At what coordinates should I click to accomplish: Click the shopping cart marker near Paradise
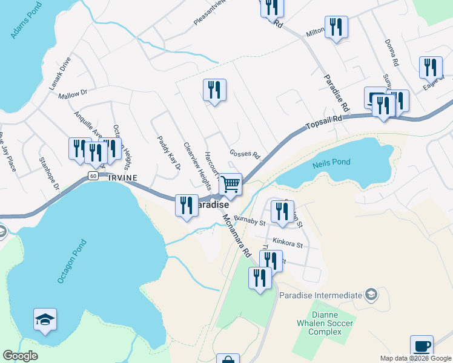coord(231,184)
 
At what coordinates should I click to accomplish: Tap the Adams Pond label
coord(22,22)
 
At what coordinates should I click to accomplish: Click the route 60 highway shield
coord(92,176)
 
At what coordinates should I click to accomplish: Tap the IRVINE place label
coord(122,177)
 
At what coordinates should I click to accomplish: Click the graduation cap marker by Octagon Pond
coord(45,319)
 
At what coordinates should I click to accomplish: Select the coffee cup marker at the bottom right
coord(422,347)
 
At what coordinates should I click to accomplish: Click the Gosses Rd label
coord(245,155)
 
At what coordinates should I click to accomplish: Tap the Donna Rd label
coord(391,53)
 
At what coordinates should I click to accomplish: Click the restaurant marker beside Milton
coord(336,27)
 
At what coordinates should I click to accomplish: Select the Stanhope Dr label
coord(49,174)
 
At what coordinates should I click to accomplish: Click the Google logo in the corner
coord(20,356)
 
